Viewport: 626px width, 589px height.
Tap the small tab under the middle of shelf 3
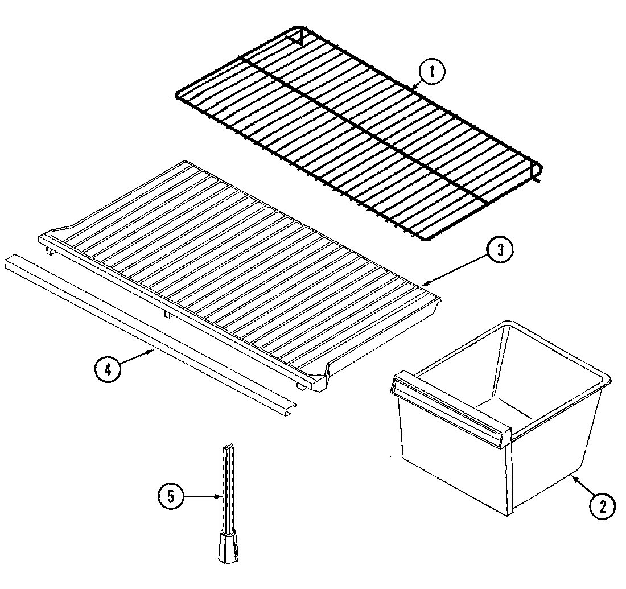[x=166, y=314]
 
